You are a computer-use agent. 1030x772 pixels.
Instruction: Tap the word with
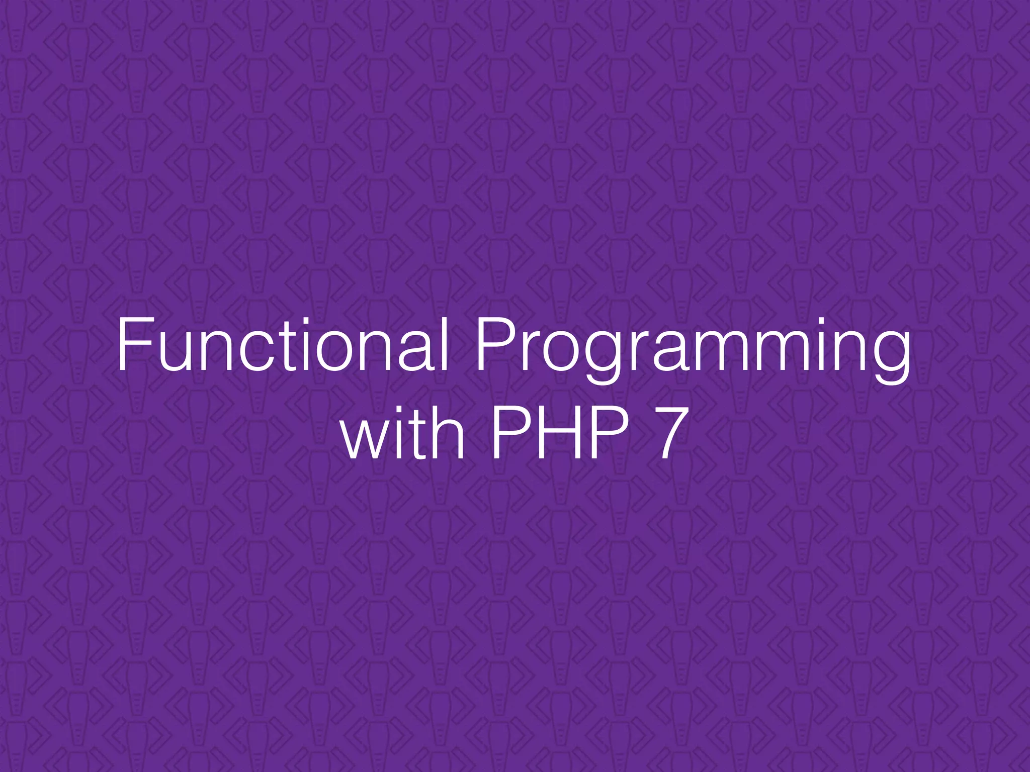point(403,432)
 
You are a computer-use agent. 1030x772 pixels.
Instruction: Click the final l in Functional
point(444,346)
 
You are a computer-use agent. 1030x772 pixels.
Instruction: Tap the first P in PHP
point(508,432)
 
